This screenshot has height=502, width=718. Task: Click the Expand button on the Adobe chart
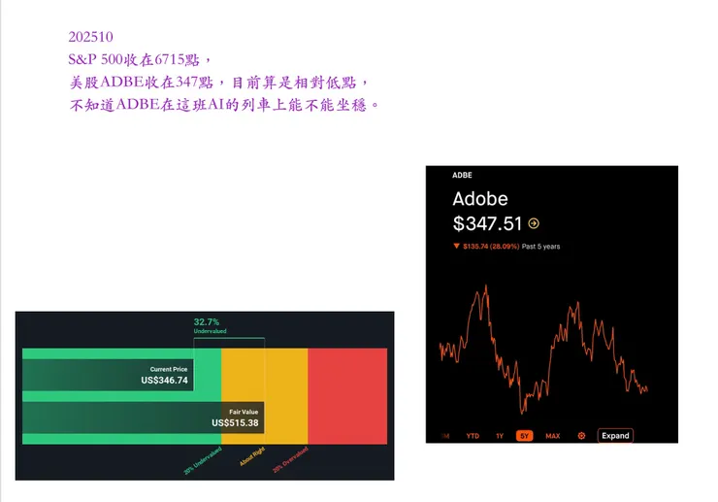(615, 436)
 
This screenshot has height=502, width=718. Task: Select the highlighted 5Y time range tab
(525, 436)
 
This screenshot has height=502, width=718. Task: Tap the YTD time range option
(473, 436)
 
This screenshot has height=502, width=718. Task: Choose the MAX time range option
(552, 436)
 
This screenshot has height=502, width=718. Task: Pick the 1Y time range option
(500, 436)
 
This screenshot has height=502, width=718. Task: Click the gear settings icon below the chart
(581, 436)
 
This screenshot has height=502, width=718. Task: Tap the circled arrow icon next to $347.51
(534, 223)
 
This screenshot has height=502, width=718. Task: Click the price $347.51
(487, 223)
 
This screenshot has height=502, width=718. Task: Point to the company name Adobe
(479, 198)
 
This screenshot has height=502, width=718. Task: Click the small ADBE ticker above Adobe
(463, 176)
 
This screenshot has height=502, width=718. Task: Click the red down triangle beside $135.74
(456, 247)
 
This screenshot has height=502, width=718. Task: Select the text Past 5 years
(540, 247)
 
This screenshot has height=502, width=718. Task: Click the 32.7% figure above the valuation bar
(207, 321)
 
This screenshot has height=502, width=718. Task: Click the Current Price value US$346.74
(164, 381)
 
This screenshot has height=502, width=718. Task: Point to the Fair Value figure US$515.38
(235, 422)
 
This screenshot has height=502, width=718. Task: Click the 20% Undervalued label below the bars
(201, 457)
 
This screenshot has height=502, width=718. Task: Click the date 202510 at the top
(90, 37)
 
